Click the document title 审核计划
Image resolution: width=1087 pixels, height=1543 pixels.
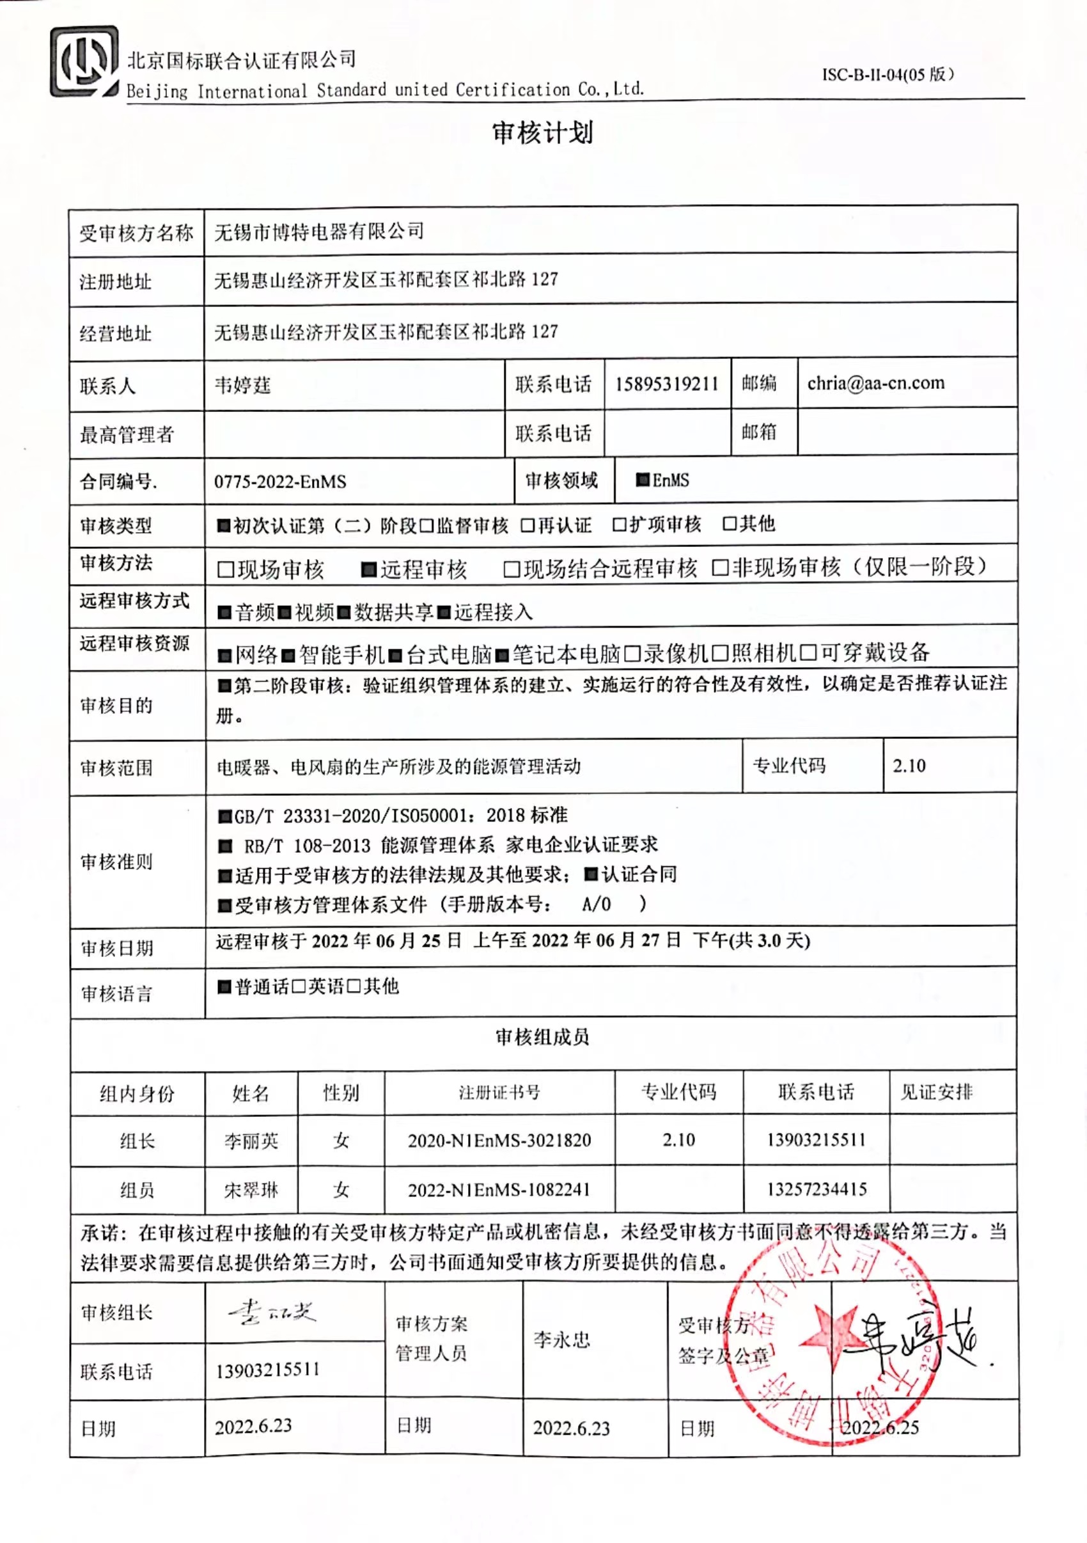point(542,133)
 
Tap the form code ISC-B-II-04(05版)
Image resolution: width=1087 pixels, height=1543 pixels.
point(888,74)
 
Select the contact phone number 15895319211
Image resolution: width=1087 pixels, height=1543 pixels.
point(666,384)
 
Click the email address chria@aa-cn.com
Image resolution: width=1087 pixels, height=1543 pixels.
point(875,383)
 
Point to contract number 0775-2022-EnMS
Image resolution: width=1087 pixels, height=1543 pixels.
point(280,481)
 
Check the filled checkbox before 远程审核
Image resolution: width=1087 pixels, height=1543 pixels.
point(368,570)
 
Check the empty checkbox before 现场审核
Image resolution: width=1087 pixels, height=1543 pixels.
point(226,570)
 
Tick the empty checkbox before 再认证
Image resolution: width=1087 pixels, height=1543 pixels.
point(528,525)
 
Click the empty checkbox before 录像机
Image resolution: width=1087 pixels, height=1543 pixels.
point(632,653)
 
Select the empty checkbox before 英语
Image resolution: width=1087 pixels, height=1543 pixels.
point(299,986)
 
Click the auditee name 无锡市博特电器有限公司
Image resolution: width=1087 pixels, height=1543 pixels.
point(319,231)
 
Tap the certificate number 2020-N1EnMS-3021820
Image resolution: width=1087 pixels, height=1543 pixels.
point(499,1140)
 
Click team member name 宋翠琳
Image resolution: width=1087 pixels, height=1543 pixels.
point(251,1190)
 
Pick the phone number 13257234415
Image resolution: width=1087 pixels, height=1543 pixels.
point(817,1189)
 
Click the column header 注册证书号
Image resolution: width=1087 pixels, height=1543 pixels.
point(499,1092)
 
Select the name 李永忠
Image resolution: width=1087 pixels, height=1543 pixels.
point(561,1340)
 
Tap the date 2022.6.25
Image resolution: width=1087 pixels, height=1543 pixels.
point(880,1427)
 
